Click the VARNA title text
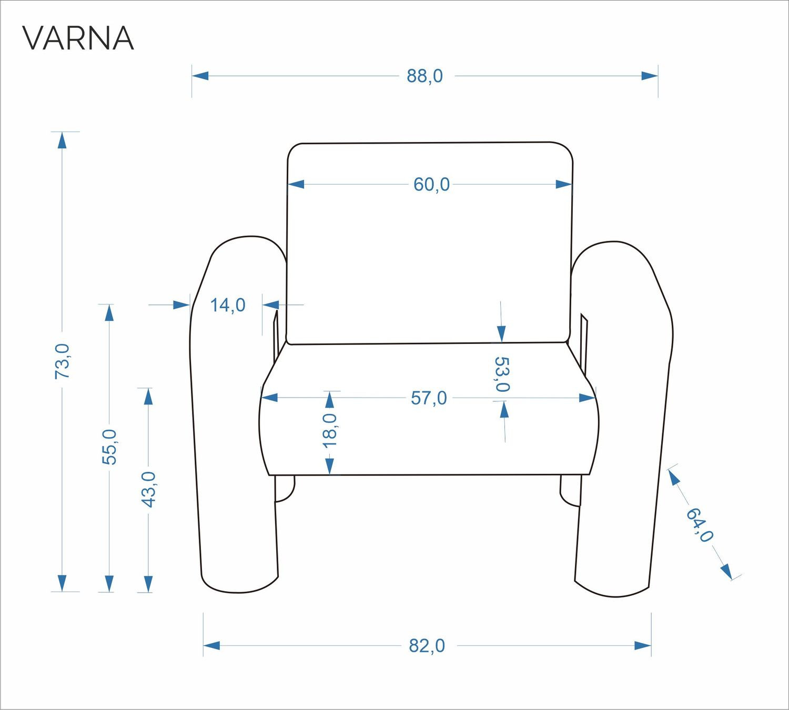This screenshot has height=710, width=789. [x=78, y=38]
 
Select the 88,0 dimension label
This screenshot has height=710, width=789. [x=425, y=76]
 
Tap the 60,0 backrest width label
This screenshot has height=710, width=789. [x=431, y=185]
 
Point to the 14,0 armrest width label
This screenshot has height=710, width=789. [x=228, y=305]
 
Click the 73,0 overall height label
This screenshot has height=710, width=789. [x=62, y=361]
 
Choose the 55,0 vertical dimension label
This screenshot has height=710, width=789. [x=109, y=447]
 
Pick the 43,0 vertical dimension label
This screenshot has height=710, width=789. [x=149, y=489]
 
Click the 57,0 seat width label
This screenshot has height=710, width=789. [x=429, y=398]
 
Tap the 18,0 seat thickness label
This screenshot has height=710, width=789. [x=330, y=430]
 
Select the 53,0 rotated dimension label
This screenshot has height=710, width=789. [x=502, y=374]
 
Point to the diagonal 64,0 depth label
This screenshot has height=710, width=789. [x=700, y=525]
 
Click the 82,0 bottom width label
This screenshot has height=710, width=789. [x=427, y=646]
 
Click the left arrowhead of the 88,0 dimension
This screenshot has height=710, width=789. [x=200, y=76]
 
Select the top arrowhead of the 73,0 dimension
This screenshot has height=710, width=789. [x=62, y=140]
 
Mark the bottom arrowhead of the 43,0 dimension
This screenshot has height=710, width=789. [x=148, y=584]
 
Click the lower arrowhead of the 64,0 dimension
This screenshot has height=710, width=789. [x=726, y=571]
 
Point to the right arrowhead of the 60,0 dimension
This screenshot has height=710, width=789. [x=564, y=184]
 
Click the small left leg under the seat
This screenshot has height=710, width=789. [x=285, y=489]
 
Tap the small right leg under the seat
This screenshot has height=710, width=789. [x=570, y=490]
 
